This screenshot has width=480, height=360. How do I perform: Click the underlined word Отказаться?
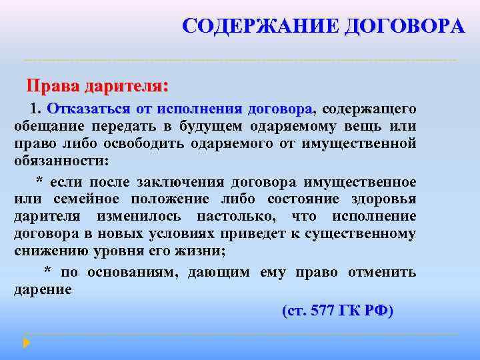(x=81, y=109)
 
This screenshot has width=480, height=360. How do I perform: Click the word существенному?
(x=361, y=234)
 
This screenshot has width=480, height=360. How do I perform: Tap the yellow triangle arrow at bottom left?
(x=27, y=343)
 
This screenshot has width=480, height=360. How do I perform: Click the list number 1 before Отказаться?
(x=35, y=109)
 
